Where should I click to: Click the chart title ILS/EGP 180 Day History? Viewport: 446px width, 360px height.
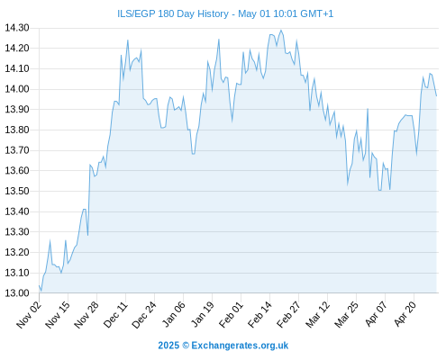point(173,13)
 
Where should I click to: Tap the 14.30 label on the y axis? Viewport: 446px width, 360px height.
point(17,28)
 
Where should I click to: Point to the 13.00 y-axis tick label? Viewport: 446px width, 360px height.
point(17,293)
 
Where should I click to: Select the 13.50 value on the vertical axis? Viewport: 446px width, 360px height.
point(17,191)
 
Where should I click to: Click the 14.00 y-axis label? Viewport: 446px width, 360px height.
point(17,89)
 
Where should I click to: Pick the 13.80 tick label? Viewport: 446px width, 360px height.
point(17,130)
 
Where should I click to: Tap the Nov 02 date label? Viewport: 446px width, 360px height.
point(29,314)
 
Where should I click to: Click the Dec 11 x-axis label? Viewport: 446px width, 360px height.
point(115,314)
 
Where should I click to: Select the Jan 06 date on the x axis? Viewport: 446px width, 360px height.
point(174,314)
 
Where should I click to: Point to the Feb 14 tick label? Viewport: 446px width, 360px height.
point(260,314)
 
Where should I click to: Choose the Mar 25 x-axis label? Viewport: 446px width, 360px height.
point(347,314)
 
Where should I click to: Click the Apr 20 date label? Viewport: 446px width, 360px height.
point(405,314)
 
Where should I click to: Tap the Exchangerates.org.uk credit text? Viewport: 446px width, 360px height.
point(240,346)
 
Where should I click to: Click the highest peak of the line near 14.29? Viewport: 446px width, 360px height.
point(281,30)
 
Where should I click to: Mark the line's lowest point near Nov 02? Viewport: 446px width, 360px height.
point(41,291)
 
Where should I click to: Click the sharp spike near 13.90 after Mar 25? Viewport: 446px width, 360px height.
point(368,109)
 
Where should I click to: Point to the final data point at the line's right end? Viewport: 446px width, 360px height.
point(436,95)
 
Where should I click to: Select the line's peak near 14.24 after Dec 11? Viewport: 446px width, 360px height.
point(128,40)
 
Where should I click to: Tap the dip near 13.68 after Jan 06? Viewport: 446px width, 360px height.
point(193,154)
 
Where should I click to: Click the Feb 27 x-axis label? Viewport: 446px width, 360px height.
point(289,314)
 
